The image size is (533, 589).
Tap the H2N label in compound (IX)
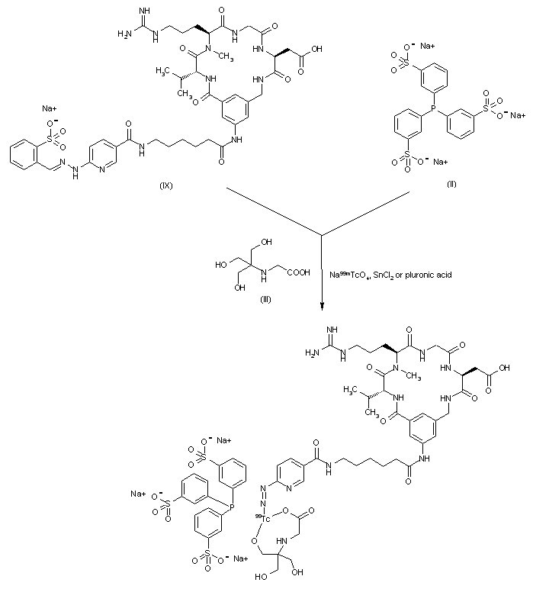(x=123, y=35)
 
